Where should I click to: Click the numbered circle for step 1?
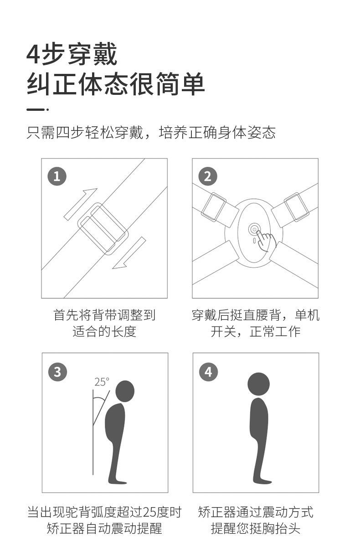pos(57,176)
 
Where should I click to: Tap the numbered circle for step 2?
pos(208,176)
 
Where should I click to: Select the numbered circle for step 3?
pos(58,372)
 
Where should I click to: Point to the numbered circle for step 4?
pos(209,372)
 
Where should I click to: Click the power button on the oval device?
pos(254,229)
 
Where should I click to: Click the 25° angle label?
pos(102,382)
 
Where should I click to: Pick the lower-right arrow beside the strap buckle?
pos(129,253)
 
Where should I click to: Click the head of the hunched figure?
pos(125,392)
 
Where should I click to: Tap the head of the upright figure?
pos(258,384)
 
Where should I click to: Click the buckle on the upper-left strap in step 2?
pos(214,207)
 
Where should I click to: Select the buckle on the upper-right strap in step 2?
pos(297,207)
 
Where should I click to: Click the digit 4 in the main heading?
pos(33,55)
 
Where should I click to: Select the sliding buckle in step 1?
pos(103,228)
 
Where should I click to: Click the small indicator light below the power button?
pos(254,240)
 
